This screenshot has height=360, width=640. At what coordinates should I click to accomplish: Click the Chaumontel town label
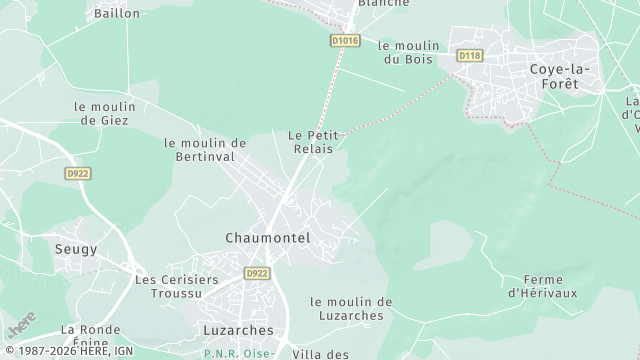tap(267, 238)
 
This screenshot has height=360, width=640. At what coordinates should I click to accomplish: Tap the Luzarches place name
tap(245, 330)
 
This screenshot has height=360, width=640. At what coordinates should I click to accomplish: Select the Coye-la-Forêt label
tap(560, 76)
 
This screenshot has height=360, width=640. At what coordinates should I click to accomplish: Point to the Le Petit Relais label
tap(310, 141)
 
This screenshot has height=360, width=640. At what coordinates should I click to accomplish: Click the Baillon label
tap(116, 14)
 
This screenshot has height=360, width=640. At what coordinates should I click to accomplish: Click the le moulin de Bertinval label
tap(205, 150)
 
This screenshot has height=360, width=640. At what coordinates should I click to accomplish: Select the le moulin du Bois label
tap(408, 52)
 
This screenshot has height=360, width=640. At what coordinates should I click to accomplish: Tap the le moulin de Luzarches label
tap(351, 308)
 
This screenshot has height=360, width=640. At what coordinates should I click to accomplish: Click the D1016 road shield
tap(344, 41)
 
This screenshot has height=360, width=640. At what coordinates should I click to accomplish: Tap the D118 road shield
tap(469, 55)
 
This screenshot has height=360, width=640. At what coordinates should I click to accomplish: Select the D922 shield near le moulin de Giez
tap(79, 173)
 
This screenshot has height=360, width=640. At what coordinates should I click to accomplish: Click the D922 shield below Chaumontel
tap(257, 273)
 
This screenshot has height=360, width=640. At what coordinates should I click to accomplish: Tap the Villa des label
tap(321, 353)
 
